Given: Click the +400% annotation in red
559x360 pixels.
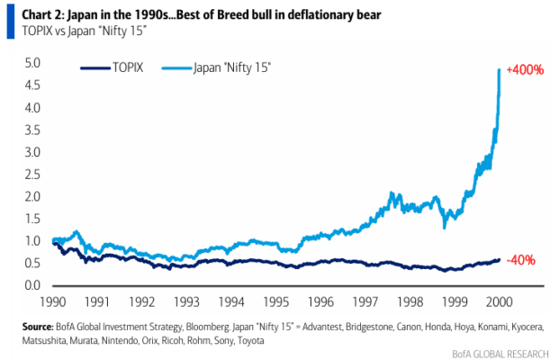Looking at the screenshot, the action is point(525,69).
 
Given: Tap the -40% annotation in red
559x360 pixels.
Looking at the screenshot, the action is point(520,260).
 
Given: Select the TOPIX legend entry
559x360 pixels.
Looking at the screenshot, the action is point(112,67).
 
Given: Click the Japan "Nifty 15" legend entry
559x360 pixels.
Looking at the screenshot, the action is point(216,67).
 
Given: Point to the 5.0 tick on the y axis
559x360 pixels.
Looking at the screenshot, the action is point(32,63).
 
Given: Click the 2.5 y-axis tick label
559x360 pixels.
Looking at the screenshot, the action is point(32,175).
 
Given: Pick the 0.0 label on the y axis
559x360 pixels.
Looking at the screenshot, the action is point(32,285).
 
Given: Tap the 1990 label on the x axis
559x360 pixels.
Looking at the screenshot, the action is point(53,301).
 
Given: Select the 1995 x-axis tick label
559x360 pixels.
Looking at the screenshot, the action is point(276,301).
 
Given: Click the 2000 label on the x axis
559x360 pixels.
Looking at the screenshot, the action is point(499,301).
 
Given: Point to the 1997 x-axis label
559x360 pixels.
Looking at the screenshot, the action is point(365,301).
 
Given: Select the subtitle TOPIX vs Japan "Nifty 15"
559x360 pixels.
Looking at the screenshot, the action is point(84,31).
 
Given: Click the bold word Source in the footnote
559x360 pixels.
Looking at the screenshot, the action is point(38,327).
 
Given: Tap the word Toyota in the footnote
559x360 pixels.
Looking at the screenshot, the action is point(251,341).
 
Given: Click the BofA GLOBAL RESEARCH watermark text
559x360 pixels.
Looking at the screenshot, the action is point(500,354).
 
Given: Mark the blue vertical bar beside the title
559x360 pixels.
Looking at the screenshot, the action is point(11,22).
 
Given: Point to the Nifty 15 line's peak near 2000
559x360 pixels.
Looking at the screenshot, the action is point(499,69).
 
